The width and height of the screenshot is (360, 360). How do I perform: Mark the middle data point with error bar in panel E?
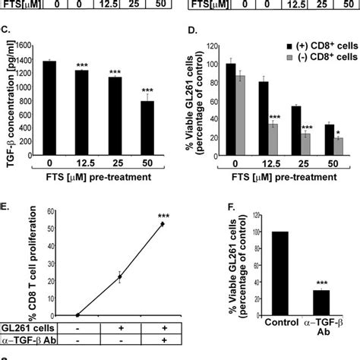pyautogui.click(x=118, y=278)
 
